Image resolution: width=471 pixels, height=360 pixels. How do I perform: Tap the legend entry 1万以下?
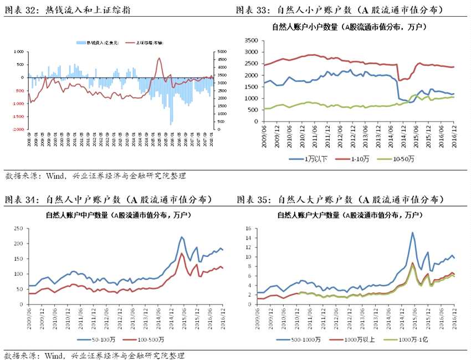click(x=308, y=160)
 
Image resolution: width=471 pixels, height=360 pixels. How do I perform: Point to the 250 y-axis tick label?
click(x=17, y=228)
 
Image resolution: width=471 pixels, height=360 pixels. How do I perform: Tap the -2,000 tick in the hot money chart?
click(x=18, y=129)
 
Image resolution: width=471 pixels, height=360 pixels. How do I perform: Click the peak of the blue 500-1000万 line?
click(x=412, y=233)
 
